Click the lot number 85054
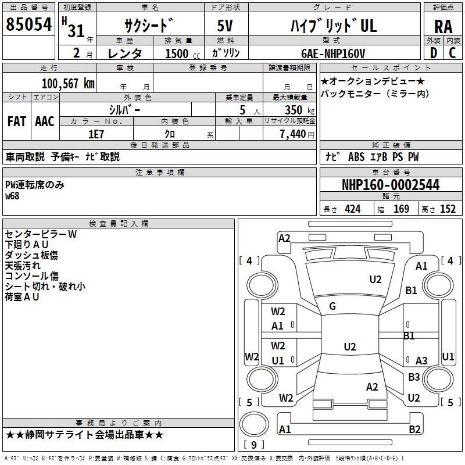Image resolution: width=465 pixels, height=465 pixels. [x=28, y=24]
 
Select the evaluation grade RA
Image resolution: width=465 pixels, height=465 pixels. [x=443, y=26]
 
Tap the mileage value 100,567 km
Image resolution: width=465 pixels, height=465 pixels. [x=67, y=83]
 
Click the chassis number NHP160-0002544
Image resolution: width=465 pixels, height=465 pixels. [x=391, y=185]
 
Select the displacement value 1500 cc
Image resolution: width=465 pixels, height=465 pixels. [x=177, y=53]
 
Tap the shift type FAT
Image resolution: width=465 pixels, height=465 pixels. [x=16, y=121]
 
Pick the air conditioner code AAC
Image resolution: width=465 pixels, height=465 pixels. [x=45, y=121]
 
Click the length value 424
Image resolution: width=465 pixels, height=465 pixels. [x=352, y=209]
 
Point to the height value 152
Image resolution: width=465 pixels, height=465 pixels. [x=448, y=209]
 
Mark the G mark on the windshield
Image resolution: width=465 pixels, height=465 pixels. [x=332, y=306]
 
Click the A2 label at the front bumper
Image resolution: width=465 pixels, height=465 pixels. [x=284, y=238]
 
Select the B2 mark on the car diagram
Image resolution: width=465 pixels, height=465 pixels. [x=414, y=430]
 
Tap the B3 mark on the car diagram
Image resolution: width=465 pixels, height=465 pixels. [x=414, y=377]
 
